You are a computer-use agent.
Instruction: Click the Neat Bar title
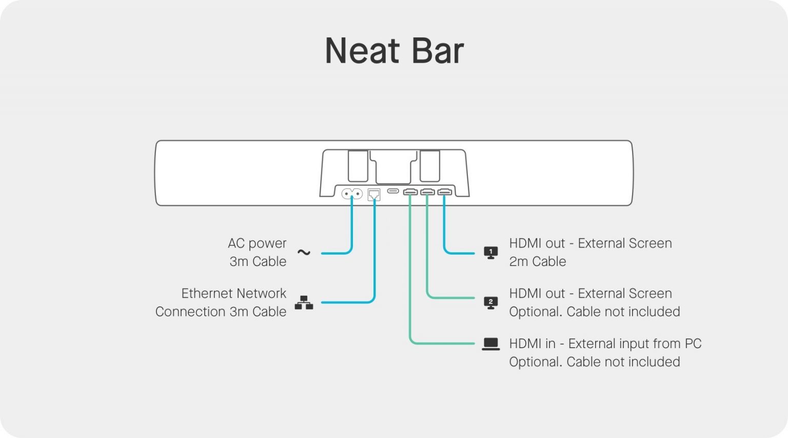(394, 51)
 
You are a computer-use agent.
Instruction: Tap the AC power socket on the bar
(352, 194)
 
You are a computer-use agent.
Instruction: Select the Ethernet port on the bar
(374, 195)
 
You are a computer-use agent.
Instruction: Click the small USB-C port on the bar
(393, 191)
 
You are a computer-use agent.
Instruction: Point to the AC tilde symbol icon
(304, 252)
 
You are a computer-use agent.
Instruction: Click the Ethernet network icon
(304, 302)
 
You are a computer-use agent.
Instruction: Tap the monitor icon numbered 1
(490, 252)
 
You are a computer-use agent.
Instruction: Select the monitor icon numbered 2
(490, 302)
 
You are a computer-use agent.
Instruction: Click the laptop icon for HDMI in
(490, 344)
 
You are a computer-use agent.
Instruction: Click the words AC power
(257, 243)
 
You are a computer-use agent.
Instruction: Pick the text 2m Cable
(537, 261)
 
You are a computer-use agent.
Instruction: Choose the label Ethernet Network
(233, 293)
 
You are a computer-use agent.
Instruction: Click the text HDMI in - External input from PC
(605, 344)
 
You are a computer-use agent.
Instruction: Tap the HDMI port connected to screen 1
(444, 192)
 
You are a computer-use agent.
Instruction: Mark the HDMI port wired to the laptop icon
(410, 192)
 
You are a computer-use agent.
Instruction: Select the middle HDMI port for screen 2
(427, 192)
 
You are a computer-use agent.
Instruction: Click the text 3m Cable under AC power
(258, 261)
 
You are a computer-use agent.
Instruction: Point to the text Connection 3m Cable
(221, 312)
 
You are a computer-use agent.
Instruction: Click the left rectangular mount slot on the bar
(358, 165)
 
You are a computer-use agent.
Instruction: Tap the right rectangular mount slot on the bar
(429, 165)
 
